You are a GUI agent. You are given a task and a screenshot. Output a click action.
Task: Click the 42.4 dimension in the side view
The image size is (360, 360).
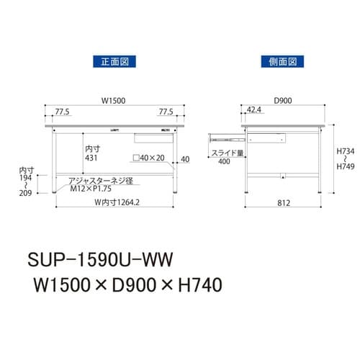pyautogui.click(x=253, y=109)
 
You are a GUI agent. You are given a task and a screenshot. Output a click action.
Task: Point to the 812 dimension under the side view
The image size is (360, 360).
pyautogui.click(x=282, y=203)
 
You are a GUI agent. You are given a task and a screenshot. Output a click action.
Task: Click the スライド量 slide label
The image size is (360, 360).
pyautogui.click(x=226, y=153)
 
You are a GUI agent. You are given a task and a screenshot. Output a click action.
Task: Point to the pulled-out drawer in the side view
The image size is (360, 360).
pyautogui.click(x=228, y=134)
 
